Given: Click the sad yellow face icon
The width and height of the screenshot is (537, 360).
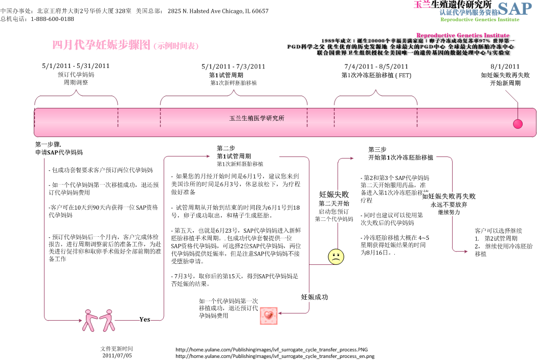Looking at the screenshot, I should pos(336,257).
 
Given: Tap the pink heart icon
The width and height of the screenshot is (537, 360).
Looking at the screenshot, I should pos(268,316).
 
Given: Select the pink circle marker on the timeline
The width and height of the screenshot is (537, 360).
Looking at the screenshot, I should pos(518,124).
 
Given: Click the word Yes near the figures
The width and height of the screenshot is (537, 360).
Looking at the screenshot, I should pos(145,320).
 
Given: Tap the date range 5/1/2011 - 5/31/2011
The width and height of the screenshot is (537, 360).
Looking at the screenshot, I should pos(76,66).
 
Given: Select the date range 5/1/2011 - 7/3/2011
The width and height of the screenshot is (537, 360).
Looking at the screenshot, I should pos(233,66).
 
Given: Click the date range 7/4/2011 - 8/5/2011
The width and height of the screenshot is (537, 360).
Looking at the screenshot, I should pos(376,66).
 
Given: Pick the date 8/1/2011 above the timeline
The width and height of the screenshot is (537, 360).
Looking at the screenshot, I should pos(505,66).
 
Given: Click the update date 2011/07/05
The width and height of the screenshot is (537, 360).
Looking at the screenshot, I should pos(117,355).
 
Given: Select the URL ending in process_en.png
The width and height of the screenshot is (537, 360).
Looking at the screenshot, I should pos(275,356).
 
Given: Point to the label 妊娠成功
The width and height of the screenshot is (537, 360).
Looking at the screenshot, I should pos(315,297).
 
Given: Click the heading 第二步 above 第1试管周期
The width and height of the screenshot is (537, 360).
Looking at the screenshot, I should pos(226,148).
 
